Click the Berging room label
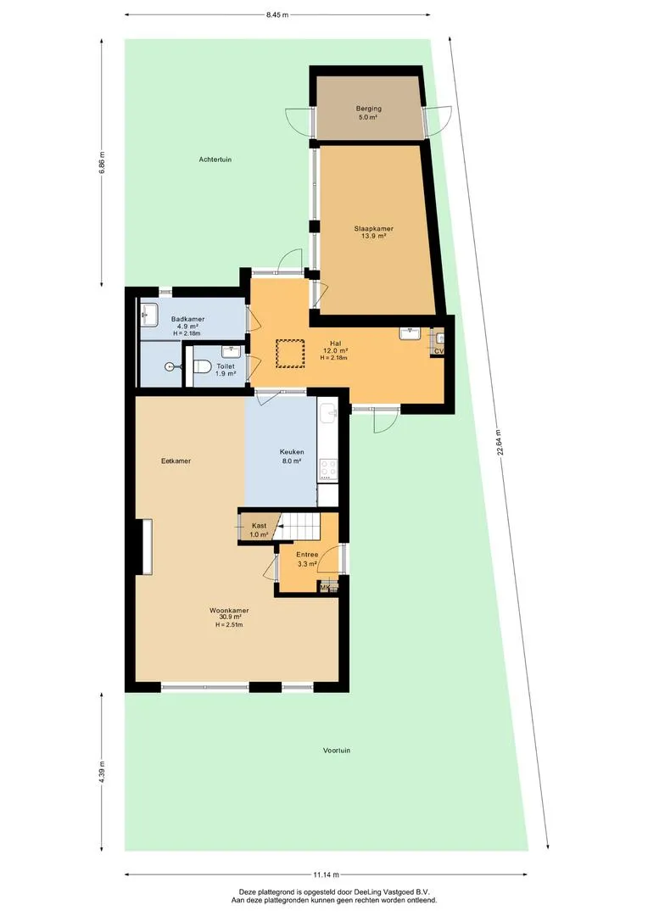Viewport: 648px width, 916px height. [x=369, y=109]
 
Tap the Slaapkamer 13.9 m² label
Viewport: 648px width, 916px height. [x=373, y=232]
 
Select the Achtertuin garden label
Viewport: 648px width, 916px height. [x=215, y=159]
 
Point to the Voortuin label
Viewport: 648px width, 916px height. [x=337, y=750]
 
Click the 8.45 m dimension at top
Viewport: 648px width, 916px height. [x=277, y=15]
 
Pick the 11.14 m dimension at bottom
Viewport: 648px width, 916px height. [x=326, y=874]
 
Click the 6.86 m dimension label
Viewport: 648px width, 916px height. [x=103, y=163]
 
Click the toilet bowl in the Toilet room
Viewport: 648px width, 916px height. [x=203, y=366]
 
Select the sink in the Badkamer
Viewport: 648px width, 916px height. [x=149, y=315]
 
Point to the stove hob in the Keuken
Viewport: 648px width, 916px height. [x=328, y=470]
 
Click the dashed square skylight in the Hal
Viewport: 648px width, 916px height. [x=290, y=354]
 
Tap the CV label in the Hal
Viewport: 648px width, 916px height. [x=439, y=351]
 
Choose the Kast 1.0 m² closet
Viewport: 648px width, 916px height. [x=257, y=528]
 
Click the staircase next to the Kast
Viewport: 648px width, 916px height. [x=299, y=527]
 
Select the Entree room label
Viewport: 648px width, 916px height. [x=307, y=555]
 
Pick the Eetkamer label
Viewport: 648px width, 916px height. [x=176, y=461]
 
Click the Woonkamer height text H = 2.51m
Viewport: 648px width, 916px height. [x=229, y=624]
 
